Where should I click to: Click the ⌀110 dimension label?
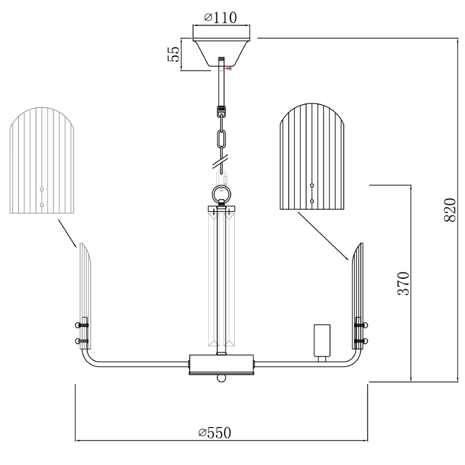(x=220, y=18)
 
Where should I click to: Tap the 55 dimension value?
(x=174, y=54)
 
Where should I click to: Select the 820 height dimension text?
(x=450, y=210)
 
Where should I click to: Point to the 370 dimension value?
(x=403, y=283)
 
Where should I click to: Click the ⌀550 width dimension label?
(x=215, y=433)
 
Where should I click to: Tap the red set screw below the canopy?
(x=227, y=68)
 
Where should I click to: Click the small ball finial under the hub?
(x=221, y=379)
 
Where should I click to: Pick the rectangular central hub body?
(x=221, y=365)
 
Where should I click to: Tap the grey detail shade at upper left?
(x=42, y=160)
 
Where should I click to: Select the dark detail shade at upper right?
(x=312, y=156)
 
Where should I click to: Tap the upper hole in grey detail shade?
(x=42, y=189)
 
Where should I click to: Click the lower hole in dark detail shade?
(x=312, y=201)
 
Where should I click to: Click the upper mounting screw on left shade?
(x=81, y=325)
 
